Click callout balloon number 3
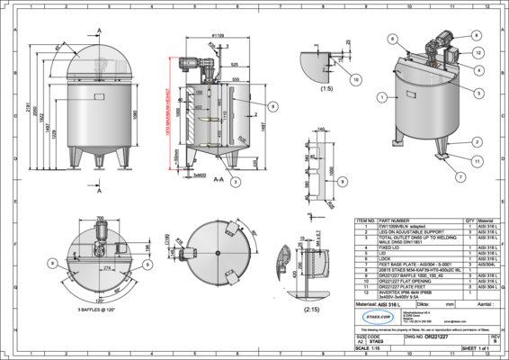click(234, 181)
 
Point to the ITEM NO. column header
click(366, 219)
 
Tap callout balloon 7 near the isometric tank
click(460, 178)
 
